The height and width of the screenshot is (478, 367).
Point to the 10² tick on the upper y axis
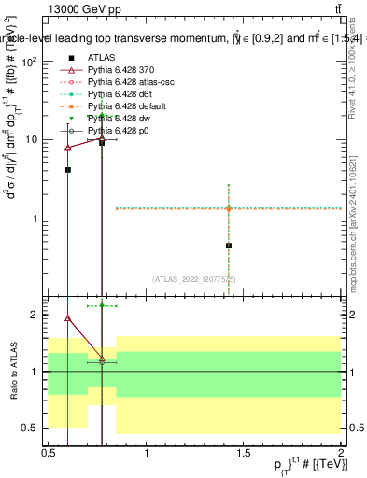point(31,62)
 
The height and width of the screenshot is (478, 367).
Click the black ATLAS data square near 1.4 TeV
point(229,246)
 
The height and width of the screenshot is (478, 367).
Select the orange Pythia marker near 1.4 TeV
point(229,208)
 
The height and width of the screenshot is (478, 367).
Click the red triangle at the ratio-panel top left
point(68,317)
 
